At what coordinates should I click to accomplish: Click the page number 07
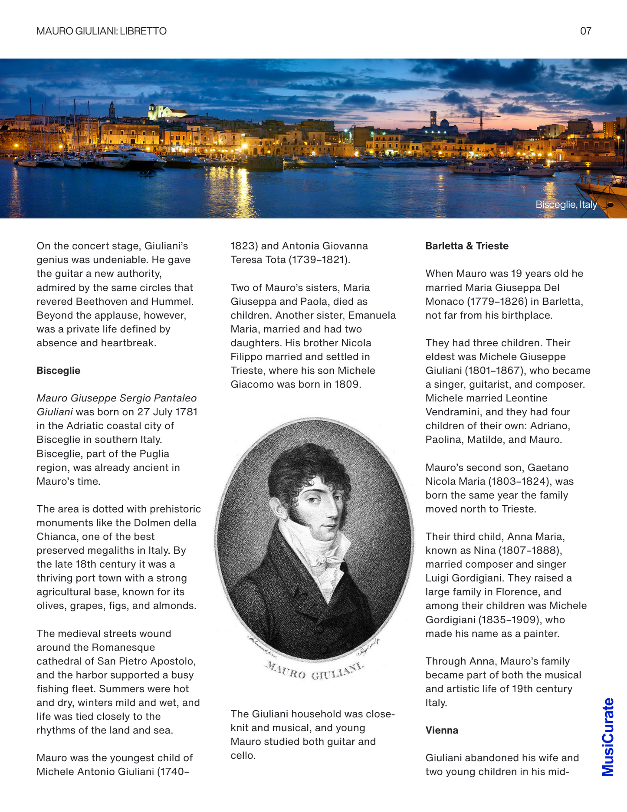(x=585, y=31)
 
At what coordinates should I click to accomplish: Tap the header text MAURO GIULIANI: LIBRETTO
(x=102, y=31)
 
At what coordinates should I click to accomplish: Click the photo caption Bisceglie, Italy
(x=566, y=204)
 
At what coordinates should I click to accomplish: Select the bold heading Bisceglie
(x=59, y=371)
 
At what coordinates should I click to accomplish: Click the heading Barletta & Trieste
(x=467, y=246)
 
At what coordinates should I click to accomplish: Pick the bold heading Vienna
(x=442, y=730)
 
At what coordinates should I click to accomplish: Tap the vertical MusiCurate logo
(x=608, y=736)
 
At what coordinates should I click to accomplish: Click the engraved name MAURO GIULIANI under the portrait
(x=315, y=671)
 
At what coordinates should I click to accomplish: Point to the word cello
(x=243, y=756)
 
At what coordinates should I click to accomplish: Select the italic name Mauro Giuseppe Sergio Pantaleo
(x=116, y=398)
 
